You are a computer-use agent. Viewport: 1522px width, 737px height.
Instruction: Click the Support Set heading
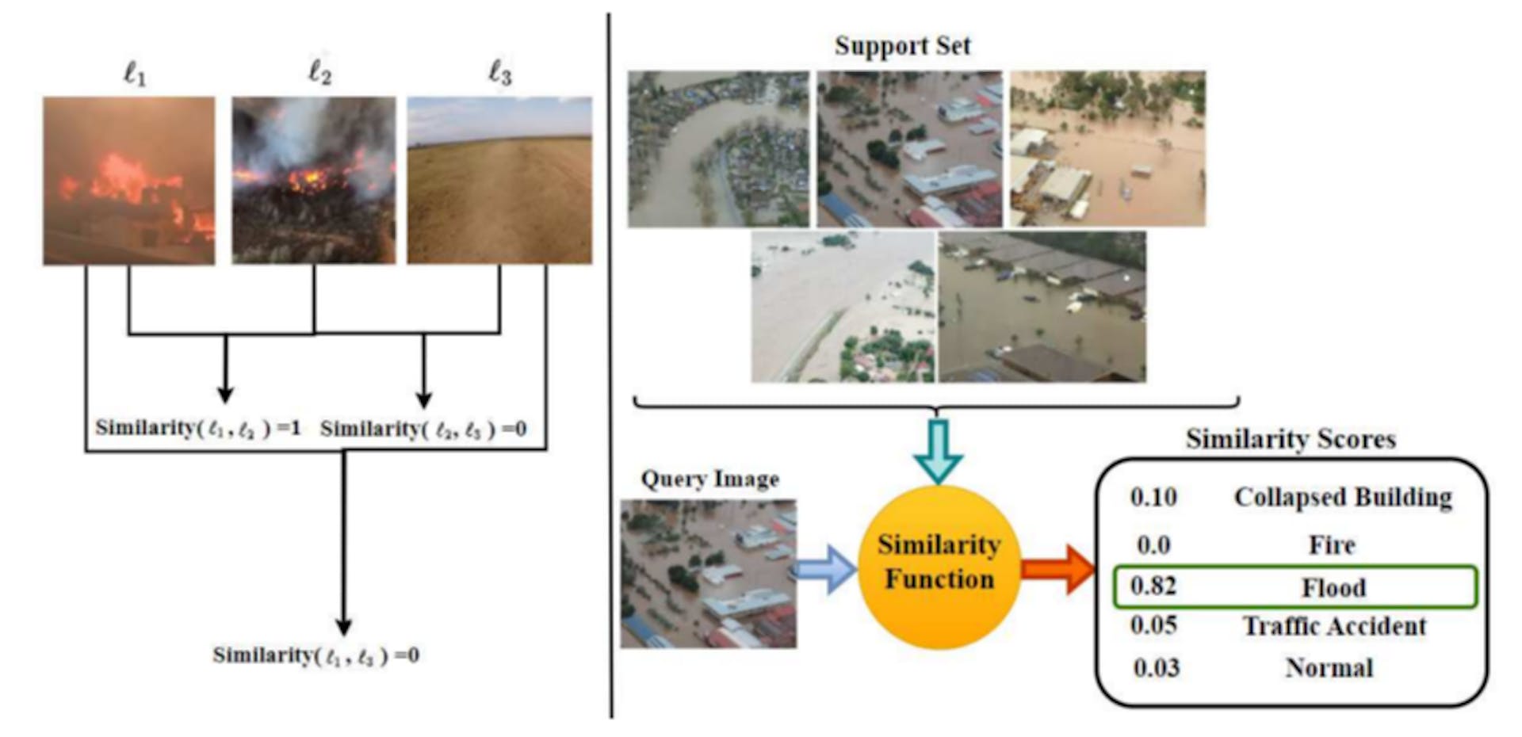(x=902, y=46)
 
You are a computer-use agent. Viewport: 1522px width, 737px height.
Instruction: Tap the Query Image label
(x=709, y=479)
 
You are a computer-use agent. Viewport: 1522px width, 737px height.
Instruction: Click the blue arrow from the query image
(x=824, y=569)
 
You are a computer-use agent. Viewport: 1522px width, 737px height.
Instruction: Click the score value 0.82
(x=1153, y=586)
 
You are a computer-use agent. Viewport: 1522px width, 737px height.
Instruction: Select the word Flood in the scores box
(x=1333, y=588)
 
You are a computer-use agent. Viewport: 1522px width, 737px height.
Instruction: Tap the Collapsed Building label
(x=1343, y=498)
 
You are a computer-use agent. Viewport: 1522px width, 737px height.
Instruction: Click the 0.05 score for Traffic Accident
(x=1153, y=626)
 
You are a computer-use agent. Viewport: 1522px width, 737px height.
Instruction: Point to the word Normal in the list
(x=1329, y=668)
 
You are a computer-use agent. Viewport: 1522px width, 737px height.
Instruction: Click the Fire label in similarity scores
(x=1332, y=545)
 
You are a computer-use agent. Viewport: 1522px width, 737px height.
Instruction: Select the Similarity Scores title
(x=1291, y=439)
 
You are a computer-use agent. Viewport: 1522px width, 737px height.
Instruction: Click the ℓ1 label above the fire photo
(x=135, y=75)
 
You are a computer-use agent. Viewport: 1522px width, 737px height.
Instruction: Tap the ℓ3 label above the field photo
(x=499, y=74)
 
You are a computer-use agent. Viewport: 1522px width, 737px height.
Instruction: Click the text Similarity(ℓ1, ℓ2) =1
(x=198, y=429)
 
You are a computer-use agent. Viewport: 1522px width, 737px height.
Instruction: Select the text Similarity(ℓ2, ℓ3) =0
(x=423, y=430)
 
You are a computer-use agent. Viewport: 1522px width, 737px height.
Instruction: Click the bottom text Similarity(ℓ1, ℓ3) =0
(x=315, y=656)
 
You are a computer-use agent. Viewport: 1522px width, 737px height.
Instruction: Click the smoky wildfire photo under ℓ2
(x=314, y=180)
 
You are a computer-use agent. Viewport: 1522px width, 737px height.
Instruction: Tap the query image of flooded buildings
(x=708, y=574)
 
